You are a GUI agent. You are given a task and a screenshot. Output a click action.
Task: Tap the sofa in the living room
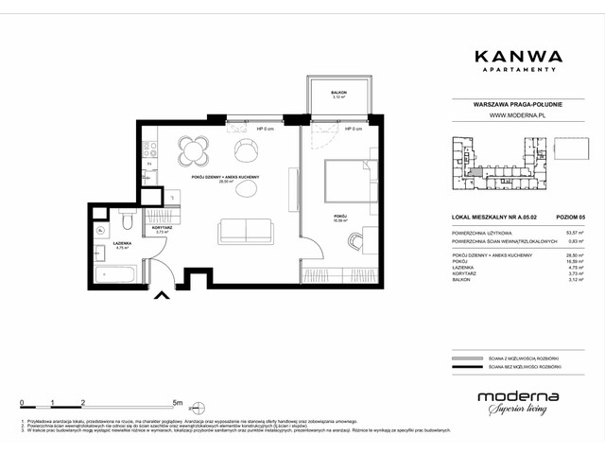(245, 231)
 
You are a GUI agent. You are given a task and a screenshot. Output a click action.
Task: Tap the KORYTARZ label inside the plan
(160, 228)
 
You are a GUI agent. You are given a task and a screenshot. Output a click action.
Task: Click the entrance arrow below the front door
(163, 296)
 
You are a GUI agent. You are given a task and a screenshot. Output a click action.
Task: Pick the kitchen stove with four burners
(148, 149)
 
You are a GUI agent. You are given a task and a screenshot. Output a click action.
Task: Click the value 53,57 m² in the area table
(571, 232)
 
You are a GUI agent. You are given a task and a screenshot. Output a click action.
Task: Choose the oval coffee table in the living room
(245, 188)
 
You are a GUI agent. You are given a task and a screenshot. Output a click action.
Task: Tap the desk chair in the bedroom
(354, 241)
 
